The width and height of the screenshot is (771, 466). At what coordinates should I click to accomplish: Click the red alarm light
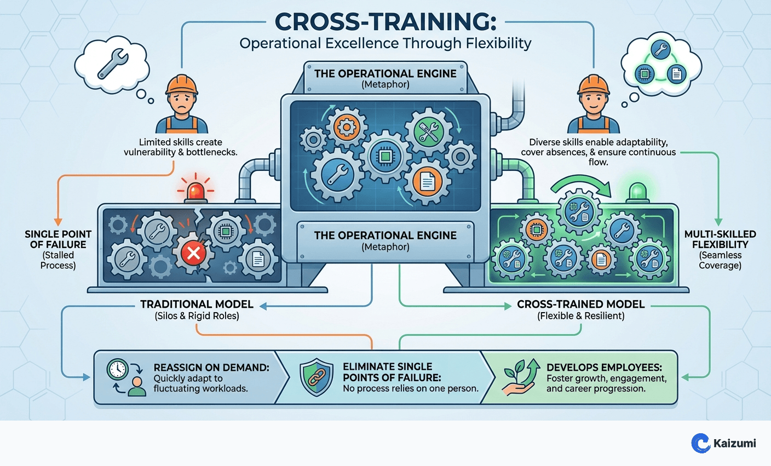(195, 192)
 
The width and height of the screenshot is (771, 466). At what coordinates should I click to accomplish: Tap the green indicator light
(637, 192)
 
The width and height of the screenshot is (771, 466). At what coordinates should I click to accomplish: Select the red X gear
(193, 253)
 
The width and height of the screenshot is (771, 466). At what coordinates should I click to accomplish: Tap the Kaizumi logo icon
(700, 443)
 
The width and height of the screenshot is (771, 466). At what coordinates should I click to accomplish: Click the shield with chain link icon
(317, 377)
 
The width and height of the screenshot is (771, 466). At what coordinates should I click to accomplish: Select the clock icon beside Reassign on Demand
(118, 369)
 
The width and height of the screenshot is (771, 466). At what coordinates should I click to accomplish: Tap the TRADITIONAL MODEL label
(197, 304)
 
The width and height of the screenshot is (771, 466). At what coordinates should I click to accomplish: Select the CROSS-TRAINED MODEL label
(580, 304)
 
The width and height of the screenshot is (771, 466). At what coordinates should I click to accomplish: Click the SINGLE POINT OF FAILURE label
(58, 239)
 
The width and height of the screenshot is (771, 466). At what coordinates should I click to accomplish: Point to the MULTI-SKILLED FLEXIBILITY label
(720, 239)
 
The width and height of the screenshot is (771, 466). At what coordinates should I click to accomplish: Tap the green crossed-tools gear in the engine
(428, 131)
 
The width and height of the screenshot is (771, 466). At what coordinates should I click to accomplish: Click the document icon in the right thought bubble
(677, 73)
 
